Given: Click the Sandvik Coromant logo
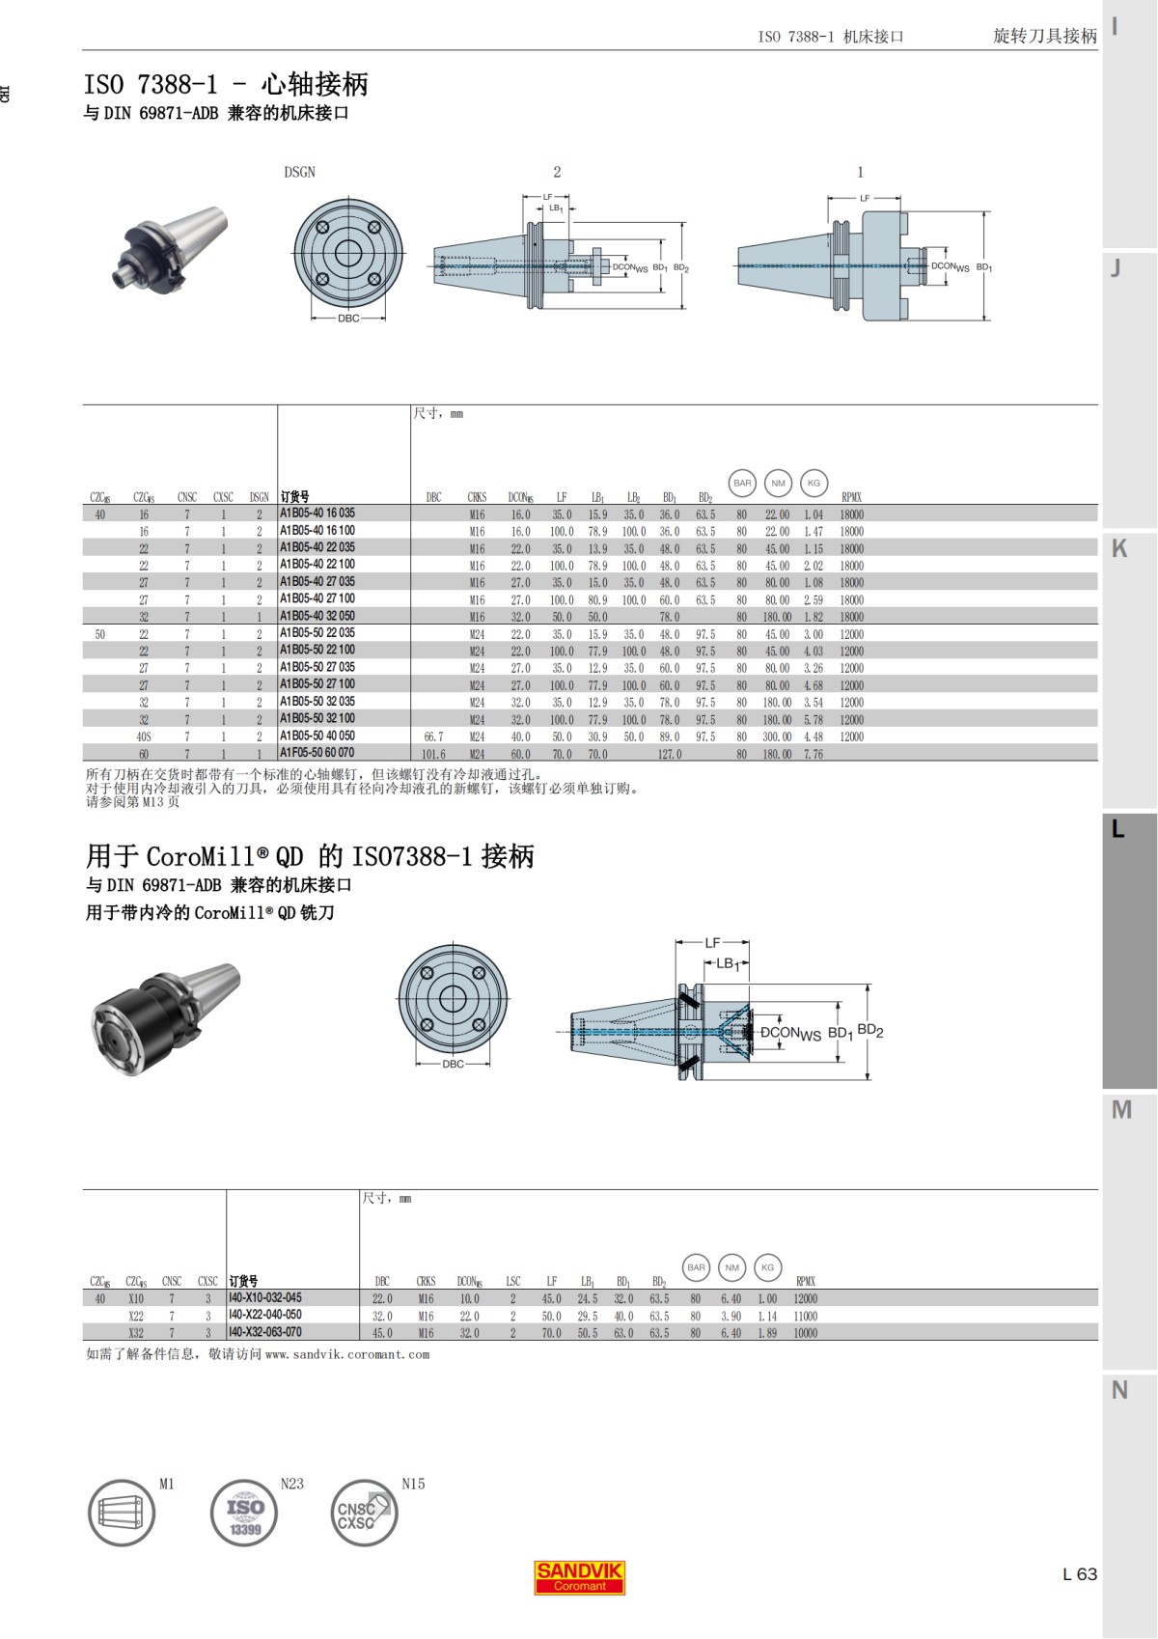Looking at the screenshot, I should [579, 1576].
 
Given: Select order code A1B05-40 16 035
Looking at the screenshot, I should [317, 514].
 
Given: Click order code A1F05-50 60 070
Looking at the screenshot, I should [317, 753].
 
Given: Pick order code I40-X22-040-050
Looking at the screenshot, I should [265, 1315].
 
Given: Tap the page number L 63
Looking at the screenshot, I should [1079, 1574].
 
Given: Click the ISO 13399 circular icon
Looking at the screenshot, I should [244, 1513].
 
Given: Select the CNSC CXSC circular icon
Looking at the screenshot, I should [364, 1513].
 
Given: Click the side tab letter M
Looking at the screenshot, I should [1120, 1110].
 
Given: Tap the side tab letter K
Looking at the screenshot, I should [1119, 548].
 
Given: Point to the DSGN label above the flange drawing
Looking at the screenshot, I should [299, 172].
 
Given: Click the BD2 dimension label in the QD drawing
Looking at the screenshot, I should [870, 1030].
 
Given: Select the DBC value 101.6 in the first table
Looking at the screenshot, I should [433, 754].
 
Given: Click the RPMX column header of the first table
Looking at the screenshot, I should [851, 497].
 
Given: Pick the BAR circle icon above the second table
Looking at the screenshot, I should [696, 1267].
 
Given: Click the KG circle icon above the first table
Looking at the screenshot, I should [813, 483].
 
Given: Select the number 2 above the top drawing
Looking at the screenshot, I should [557, 172].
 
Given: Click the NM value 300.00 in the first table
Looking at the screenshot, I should [777, 736].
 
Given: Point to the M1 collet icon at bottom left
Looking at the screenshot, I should [123, 1513].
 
